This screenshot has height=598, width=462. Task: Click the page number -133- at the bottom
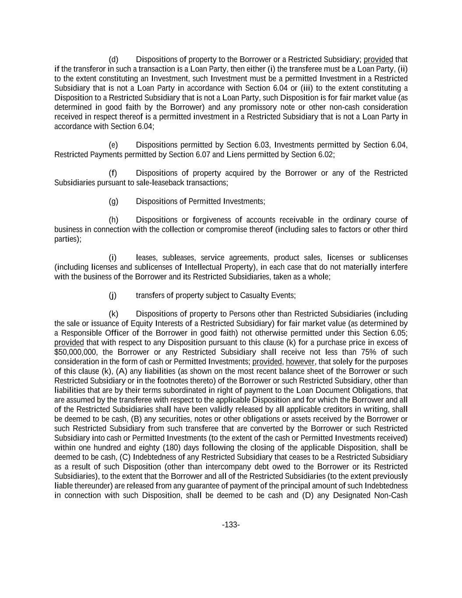(231, 525)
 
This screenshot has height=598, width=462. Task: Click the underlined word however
(300, 362)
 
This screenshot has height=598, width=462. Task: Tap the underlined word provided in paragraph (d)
(378, 60)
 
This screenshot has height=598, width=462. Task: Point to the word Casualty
(254, 296)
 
